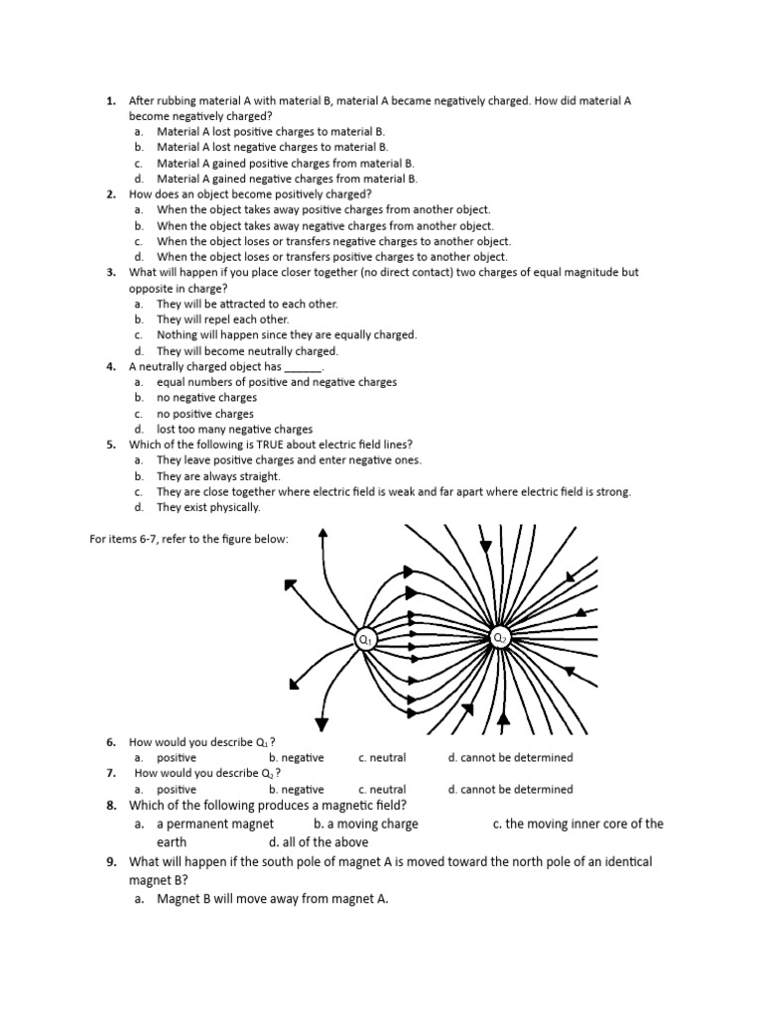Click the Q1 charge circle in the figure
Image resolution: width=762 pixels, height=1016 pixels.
(x=366, y=640)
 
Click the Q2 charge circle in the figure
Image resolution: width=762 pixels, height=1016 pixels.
(x=501, y=638)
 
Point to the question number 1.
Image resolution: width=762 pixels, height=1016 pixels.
(x=112, y=101)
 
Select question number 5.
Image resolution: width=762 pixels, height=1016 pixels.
(x=112, y=444)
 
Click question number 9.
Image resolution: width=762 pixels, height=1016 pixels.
(x=112, y=861)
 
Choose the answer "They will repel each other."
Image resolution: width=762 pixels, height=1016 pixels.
(x=222, y=319)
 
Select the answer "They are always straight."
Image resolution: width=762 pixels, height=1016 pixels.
(x=218, y=476)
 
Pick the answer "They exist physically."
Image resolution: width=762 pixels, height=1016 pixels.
(x=208, y=507)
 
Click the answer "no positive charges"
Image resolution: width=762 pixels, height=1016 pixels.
(x=204, y=414)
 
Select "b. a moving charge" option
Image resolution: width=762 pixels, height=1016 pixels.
(x=366, y=824)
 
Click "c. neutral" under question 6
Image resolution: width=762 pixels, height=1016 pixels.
(x=382, y=758)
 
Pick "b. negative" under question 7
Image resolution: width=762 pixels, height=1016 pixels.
(x=296, y=790)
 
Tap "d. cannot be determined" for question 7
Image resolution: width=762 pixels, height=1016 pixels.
(x=510, y=790)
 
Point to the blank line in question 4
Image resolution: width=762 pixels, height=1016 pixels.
(x=305, y=366)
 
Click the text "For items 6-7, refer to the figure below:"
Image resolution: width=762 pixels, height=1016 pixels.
(x=189, y=539)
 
